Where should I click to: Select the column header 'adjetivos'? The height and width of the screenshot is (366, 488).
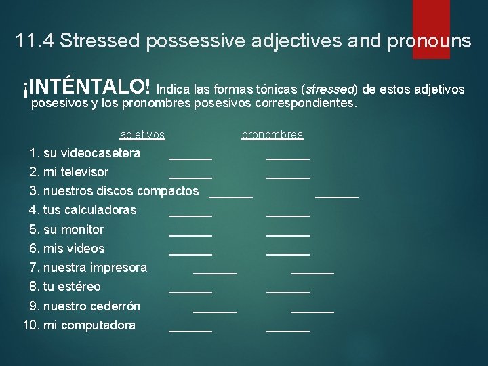point(142,135)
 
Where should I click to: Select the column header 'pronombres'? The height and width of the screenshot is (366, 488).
point(272,135)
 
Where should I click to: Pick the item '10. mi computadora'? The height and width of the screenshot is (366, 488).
point(79,325)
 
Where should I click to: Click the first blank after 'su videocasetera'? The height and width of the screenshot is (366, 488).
point(190,157)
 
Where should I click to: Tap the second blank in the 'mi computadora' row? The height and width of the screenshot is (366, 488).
point(288,330)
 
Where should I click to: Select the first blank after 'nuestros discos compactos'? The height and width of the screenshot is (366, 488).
point(231,196)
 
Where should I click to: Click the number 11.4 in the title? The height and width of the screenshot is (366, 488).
point(35,41)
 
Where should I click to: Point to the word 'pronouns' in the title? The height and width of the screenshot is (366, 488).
point(428,41)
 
